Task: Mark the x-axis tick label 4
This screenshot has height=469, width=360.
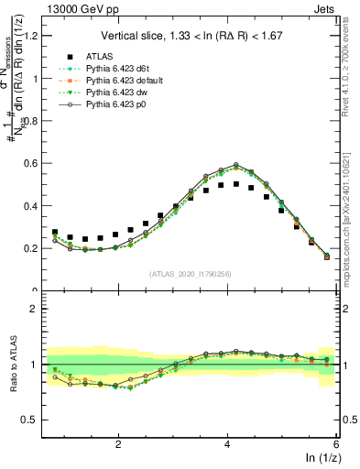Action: (x=226, y=443)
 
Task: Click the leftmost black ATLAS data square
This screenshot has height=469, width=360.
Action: (x=55, y=233)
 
